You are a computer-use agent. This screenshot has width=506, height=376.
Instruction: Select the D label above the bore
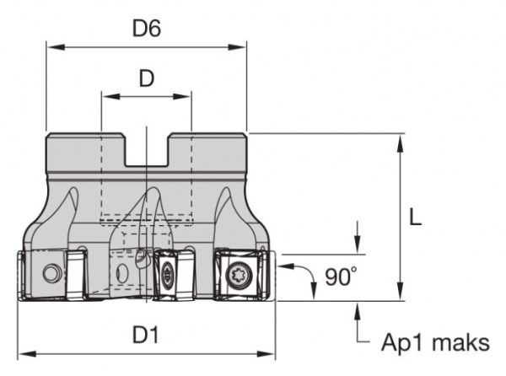[146, 79]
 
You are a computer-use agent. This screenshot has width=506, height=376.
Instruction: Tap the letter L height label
[414, 217]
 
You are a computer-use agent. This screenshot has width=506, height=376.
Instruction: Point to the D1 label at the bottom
[146, 336]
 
